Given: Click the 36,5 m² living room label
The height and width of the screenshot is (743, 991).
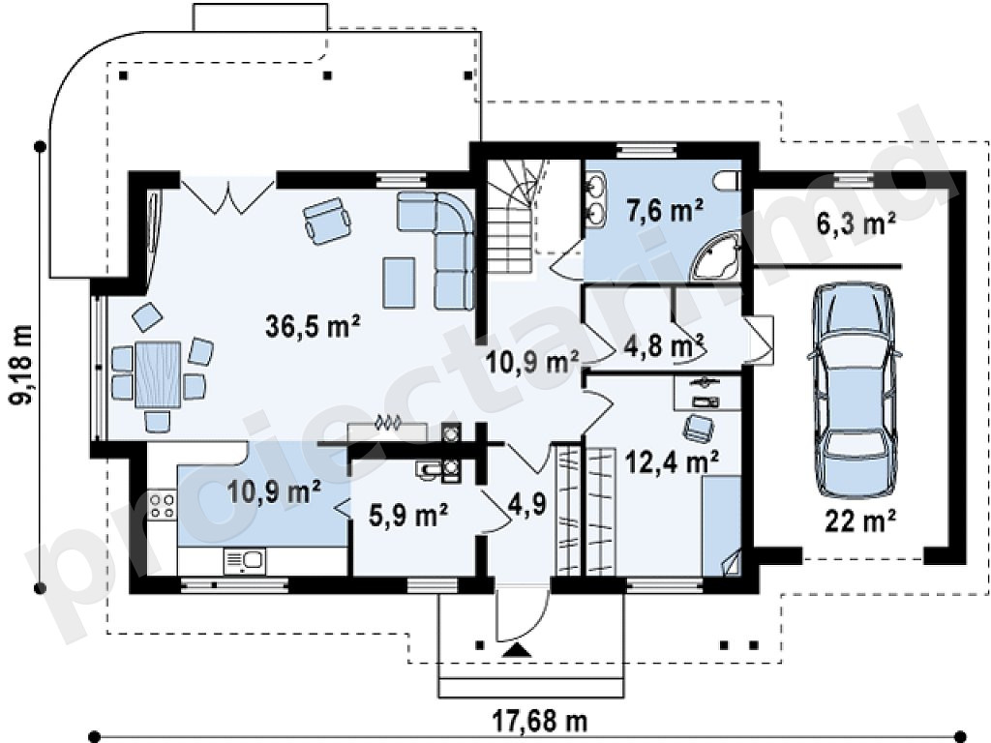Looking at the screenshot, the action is tap(313, 327).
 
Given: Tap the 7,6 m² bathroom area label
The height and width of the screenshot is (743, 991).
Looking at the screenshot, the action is tap(666, 210).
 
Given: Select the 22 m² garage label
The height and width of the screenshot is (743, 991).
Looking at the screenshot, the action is tap(859, 521).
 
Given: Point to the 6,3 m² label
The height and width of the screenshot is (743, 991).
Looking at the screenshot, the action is tap(856, 223).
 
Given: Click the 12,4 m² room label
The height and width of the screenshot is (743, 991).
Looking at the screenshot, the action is tap(672, 461).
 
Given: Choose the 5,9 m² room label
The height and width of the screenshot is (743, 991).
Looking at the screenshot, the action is tap(409, 516).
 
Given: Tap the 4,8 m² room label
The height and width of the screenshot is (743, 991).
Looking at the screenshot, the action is tap(664, 346).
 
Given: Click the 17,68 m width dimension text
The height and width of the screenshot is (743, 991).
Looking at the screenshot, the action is tap(540, 720).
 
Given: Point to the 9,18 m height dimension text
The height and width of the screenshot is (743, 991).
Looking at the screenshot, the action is tap(21, 365).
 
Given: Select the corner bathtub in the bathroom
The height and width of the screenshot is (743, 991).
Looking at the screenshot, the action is tap(717, 255).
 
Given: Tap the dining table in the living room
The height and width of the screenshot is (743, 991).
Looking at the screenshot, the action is tap(158, 373).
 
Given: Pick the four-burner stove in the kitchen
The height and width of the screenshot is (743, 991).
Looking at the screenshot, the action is tap(162, 505).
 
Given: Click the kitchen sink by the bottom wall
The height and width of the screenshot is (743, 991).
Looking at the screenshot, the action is tap(244, 561).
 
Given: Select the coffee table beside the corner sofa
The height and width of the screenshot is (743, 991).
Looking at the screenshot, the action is tap(399, 282).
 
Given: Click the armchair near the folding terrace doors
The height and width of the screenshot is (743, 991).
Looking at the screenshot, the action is tap(327, 221).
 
